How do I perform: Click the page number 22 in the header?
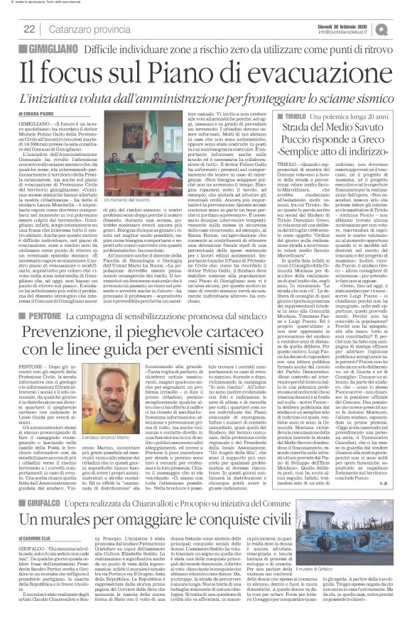coord(29,29)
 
